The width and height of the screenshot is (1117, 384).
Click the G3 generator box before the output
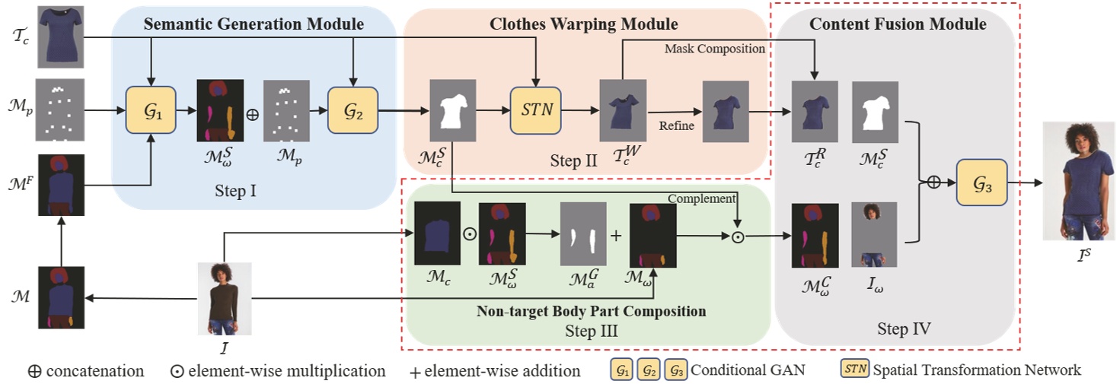tap(981, 182)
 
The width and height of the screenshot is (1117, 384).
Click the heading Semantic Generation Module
tap(254, 24)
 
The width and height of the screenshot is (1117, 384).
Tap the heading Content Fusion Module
tap(898, 24)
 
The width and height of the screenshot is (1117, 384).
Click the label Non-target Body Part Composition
tap(591, 311)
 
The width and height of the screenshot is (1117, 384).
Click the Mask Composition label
tap(714, 49)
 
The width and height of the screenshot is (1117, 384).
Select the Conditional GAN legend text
tap(755, 370)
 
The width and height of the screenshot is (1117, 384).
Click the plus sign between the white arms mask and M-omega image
tap(616, 235)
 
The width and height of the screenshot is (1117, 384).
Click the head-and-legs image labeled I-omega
tap(873, 233)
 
